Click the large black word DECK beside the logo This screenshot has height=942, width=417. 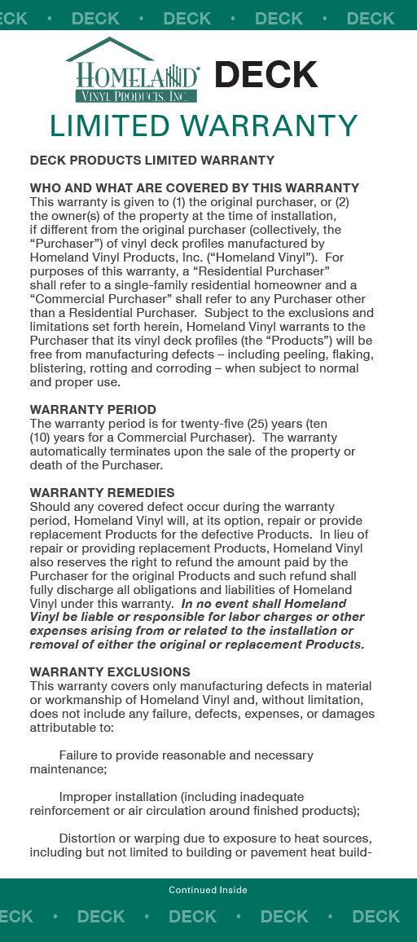click(266, 75)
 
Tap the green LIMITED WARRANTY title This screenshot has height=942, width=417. click(204, 126)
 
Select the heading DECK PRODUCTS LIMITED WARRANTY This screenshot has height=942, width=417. click(152, 161)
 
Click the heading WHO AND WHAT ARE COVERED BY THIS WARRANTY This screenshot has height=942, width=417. click(195, 188)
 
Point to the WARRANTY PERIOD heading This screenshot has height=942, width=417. click(93, 410)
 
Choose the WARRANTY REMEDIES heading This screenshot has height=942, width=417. click(102, 493)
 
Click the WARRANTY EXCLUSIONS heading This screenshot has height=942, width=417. click(110, 672)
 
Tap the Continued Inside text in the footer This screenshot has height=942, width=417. click(208, 890)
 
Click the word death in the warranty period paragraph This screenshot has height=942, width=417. click(46, 465)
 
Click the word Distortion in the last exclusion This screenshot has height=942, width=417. click(89, 839)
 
